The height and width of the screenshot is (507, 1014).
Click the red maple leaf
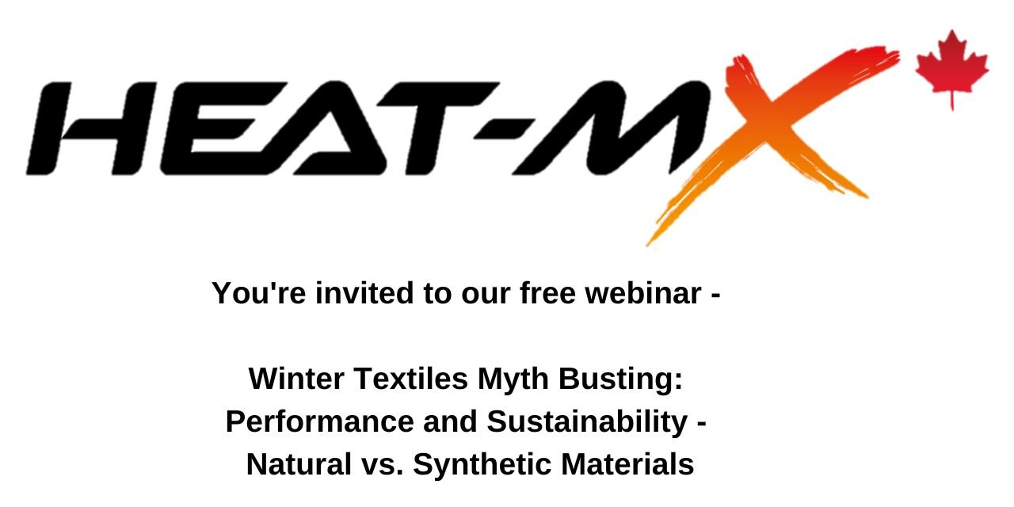tap(951, 68)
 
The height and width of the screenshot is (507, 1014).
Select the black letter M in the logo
tap(611, 128)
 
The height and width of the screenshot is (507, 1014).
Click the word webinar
tap(643, 293)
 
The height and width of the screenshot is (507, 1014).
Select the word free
tap(547, 293)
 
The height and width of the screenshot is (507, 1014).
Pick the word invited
tap(364, 293)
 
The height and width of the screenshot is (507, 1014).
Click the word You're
tap(259, 293)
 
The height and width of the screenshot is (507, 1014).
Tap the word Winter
tap(296, 379)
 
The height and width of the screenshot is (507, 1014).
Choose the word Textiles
tap(411, 379)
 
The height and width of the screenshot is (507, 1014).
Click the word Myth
tap(513, 380)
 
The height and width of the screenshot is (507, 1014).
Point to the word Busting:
tap(620, 380)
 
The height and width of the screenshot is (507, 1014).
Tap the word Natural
tap(299, 464)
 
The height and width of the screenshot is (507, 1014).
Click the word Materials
tap(627, 464)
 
